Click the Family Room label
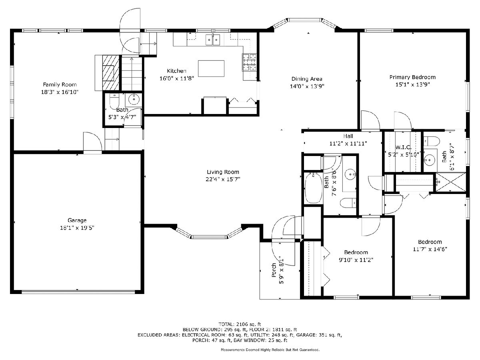[x=60, y=84]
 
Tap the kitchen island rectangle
[x=211, y=68]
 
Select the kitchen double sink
[x=212, y=40]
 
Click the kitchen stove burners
[x=249, y=62]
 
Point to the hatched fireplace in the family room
[x=111, y=72]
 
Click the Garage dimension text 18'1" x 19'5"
[x=77, y=228]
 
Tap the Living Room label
[x=223, y=172]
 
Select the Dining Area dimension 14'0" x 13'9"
[x=307, y=86]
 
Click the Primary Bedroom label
[x=412, y=77]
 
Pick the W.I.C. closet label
[x=404, y=147]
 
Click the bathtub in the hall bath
[x=314, y=188]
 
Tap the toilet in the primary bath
[x=431, y=141]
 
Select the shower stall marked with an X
[x=451, y=182]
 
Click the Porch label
[x=274, y=270]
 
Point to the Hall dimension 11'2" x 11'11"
[x=348, y=144]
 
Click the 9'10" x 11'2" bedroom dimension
[x=356, y=260]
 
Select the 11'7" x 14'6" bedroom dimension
[x=430, y=249]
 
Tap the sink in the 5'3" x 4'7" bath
[x=134, y=100]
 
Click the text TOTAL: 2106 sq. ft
[x=240, y=324]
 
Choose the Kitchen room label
[x=177, y=71]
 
